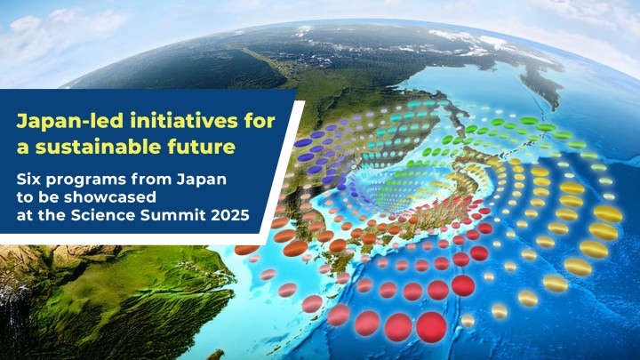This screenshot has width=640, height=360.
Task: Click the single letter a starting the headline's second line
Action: coord(24,146)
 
